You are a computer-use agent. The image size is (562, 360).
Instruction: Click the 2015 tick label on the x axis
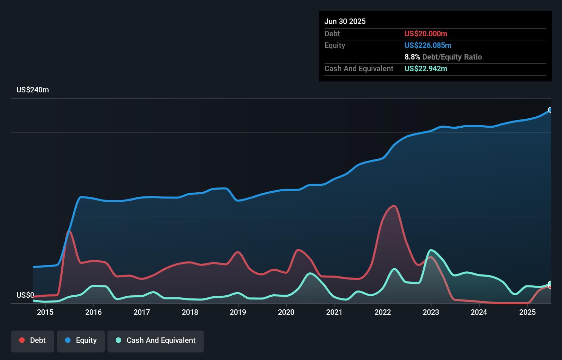point(45,312)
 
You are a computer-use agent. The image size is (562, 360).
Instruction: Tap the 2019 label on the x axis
point(238,312)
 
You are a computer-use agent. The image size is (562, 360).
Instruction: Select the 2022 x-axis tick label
point(383,312)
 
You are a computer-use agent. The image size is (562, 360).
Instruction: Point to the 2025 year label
point(527,312)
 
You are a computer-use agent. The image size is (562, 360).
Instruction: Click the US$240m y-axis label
point(33,90)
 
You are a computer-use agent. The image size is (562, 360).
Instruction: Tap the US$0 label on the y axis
point(25,295)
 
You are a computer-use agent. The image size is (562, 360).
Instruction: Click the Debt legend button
point(33,340)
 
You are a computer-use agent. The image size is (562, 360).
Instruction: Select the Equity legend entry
point(81,340)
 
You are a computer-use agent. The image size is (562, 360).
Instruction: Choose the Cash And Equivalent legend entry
point(156,340)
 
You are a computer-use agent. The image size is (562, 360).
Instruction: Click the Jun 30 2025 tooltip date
point(345,22)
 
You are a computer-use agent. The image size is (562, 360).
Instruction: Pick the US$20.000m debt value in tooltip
point(426,34)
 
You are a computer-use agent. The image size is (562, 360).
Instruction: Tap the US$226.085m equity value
point(428,46)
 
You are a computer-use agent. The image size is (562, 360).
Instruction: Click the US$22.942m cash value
point(426,69)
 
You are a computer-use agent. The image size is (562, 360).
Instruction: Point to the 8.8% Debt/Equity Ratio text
point(443,57)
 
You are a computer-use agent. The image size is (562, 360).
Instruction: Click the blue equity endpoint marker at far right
point(550,110)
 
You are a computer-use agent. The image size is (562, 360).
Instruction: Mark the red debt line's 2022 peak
point(394,206)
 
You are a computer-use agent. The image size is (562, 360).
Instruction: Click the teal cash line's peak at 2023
point(431,250)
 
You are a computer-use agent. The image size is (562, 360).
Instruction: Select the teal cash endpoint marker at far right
point(550,283)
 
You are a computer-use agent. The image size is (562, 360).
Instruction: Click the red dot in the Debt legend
point(22,340)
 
